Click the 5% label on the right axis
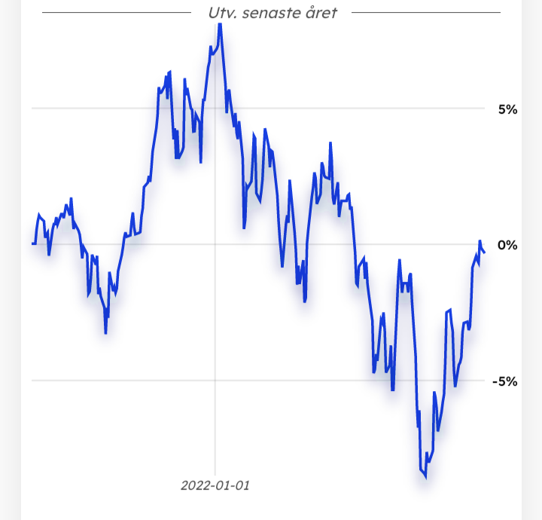pos(508,109)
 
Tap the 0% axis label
pos(508,245)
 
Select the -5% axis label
pos(505,381)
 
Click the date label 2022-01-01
pos(215,485)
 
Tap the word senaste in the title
pos(273,13)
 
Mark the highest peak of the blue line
pos(220,24)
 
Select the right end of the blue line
pos(485,252)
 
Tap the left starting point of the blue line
pos(32,243)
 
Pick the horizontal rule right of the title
pos(425,13)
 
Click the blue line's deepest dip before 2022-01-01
pos(105,332)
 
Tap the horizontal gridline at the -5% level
pos(113,380)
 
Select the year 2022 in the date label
pos(194,485)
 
